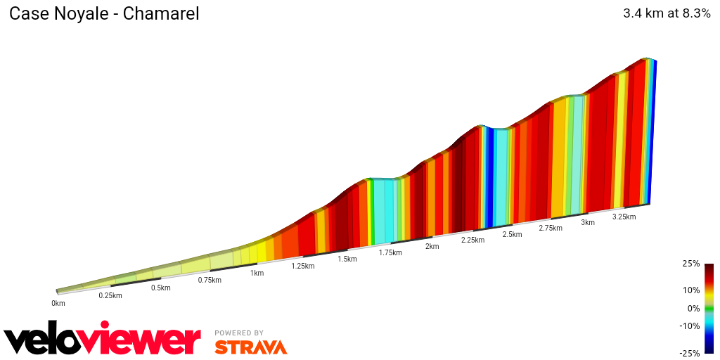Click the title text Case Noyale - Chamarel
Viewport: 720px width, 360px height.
click(x=104, y=14)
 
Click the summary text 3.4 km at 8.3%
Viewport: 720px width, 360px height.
click(x=667, y=13)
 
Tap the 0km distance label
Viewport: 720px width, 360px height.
click(x=58, y=303)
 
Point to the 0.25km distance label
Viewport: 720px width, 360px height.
click(x=110, y=295)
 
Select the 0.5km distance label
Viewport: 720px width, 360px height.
click(x=161, y=288)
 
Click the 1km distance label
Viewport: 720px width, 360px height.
click(x=257, y=273)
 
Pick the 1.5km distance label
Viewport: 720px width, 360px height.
click(x=347, y=259)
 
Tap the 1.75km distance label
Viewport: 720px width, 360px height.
click(x=390, y=252)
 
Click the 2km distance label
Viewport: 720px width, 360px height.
click(x=432, y=246)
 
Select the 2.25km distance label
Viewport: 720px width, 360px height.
click(x=472, y=240)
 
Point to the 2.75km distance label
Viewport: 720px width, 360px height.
click(x=551, y=228)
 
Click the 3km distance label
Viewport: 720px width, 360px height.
click(x=588, y=222)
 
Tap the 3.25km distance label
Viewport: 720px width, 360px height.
click(x=624, y=217)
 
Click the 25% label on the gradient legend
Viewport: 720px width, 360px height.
click(x=691, y=264)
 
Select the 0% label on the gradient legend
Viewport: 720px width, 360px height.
click(x=693, y=308)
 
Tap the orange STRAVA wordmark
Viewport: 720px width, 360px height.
click(x=250, y=347)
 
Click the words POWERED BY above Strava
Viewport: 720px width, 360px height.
click(x=239, y=333)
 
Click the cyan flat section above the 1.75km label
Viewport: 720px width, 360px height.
click(x=384, y=211)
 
